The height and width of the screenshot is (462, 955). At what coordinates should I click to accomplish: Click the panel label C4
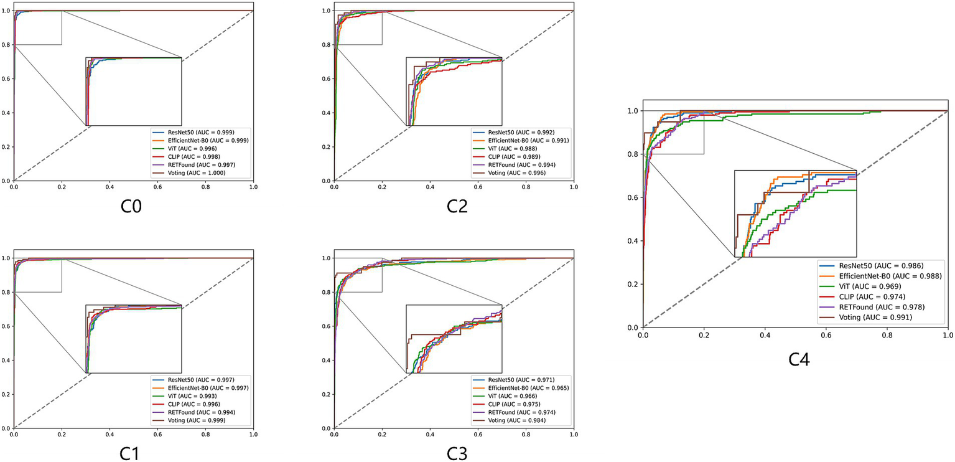point(798,359)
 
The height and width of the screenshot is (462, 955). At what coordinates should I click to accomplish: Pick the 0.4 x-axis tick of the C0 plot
point(109,187)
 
